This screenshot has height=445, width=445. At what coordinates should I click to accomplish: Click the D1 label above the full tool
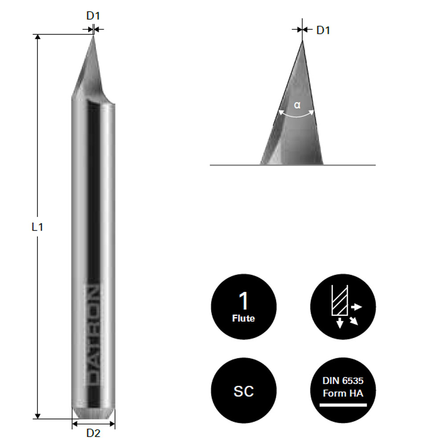[93, 16]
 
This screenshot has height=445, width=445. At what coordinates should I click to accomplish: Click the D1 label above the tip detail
[323, 30]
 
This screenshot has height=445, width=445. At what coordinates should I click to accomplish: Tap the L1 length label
[37, 227]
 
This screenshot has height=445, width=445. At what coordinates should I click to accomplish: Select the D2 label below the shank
[93, 433]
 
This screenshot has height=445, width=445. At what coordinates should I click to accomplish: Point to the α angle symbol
[297, 105]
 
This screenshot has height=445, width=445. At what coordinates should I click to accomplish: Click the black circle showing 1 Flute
[243, 307]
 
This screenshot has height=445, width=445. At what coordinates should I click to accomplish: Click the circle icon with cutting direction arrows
[343, 307]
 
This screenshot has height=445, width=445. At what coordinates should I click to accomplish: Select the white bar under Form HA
[343, 405]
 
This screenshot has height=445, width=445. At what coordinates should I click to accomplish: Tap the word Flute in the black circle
[243, 319]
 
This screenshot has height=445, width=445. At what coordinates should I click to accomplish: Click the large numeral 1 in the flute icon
[243, 302]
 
